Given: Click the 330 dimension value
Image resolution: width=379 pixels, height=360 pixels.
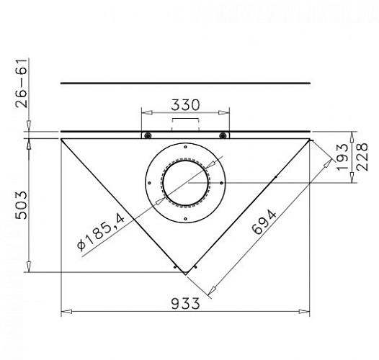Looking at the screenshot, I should pos(185,104).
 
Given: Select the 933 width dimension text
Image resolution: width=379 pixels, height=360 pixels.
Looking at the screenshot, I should pos(185,303).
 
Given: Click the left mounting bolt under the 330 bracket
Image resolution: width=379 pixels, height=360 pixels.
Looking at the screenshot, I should pos(147,135).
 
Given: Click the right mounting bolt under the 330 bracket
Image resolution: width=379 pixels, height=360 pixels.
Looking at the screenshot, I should pos(223,135).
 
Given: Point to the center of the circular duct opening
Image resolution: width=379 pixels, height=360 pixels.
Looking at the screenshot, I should pos(185,182).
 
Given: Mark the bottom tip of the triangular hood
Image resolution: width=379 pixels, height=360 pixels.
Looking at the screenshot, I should pos(186,274).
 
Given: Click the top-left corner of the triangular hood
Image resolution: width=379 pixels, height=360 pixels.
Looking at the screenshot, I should pos(61,139).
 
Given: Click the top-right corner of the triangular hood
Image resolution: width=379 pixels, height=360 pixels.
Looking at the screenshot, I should pos(311,139).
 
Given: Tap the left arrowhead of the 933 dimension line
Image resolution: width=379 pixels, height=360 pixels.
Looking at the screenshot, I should pos(65,312).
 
